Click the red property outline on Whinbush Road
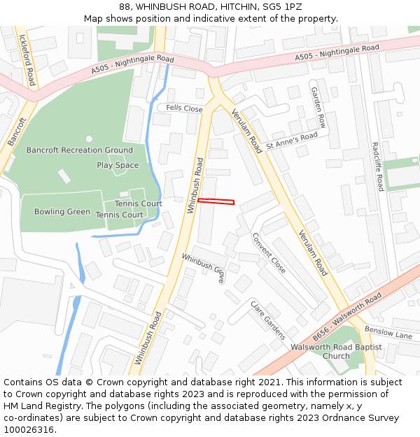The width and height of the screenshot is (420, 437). [216, 201]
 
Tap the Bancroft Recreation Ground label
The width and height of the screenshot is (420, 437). [79, 150]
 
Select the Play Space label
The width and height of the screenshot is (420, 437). [118, 165]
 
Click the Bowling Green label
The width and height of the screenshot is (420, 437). [62, 212]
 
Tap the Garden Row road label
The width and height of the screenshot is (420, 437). [318, 107]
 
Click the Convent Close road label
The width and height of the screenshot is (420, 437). [269, 252]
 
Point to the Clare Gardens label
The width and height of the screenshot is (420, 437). [268, 320]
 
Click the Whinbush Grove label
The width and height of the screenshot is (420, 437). [204, 267]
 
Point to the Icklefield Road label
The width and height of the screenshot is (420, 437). [27, 60]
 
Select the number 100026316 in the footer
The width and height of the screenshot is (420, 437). [29, 430]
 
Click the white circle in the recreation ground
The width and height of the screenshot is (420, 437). [89, 139]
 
